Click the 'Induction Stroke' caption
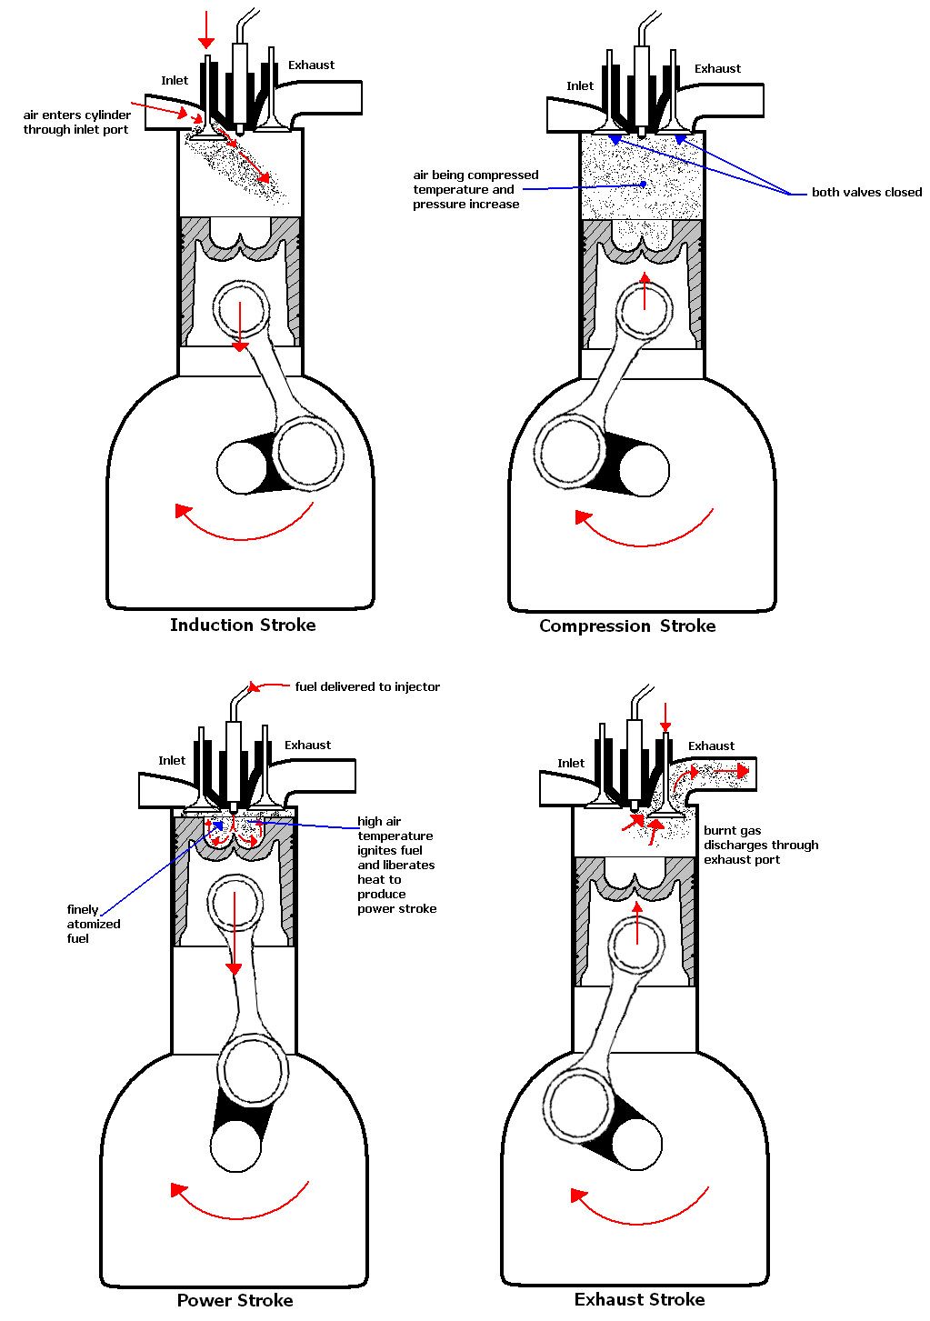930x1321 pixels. pyautogui.click(x=243, y=625)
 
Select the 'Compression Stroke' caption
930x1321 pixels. pyautogui.click(x=627, y=625)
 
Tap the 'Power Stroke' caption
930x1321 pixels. pyautogui.click(x=235, y=1300)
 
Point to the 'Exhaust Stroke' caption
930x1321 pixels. pyautogui.click(x=639, y=1299)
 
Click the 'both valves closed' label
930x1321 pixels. pyautogui.click(x=866, y=192)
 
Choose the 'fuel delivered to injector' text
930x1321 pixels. pyautogui.click(x=367, y=686)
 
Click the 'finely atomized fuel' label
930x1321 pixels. pyautogui.click(x=93, y=924)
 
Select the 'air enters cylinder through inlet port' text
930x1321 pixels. pyautogui.click(x=76, y=122)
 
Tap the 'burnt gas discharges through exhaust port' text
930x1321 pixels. pyautogui.click(x=760, y=845)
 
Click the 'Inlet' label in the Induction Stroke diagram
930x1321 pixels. pyautogui.click(x=175, y=80)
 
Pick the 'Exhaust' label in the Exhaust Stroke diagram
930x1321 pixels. pyautogui.click(x=711, y=746)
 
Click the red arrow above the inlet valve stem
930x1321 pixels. pyautogui.click(x=206, y=29)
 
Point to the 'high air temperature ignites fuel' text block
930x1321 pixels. pyautogui.click(x=396, y=865)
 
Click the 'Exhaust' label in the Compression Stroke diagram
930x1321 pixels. pyautogui.click(x=717, y=68)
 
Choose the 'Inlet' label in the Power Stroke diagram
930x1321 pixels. pyautogui.click(x=172, y=760)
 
